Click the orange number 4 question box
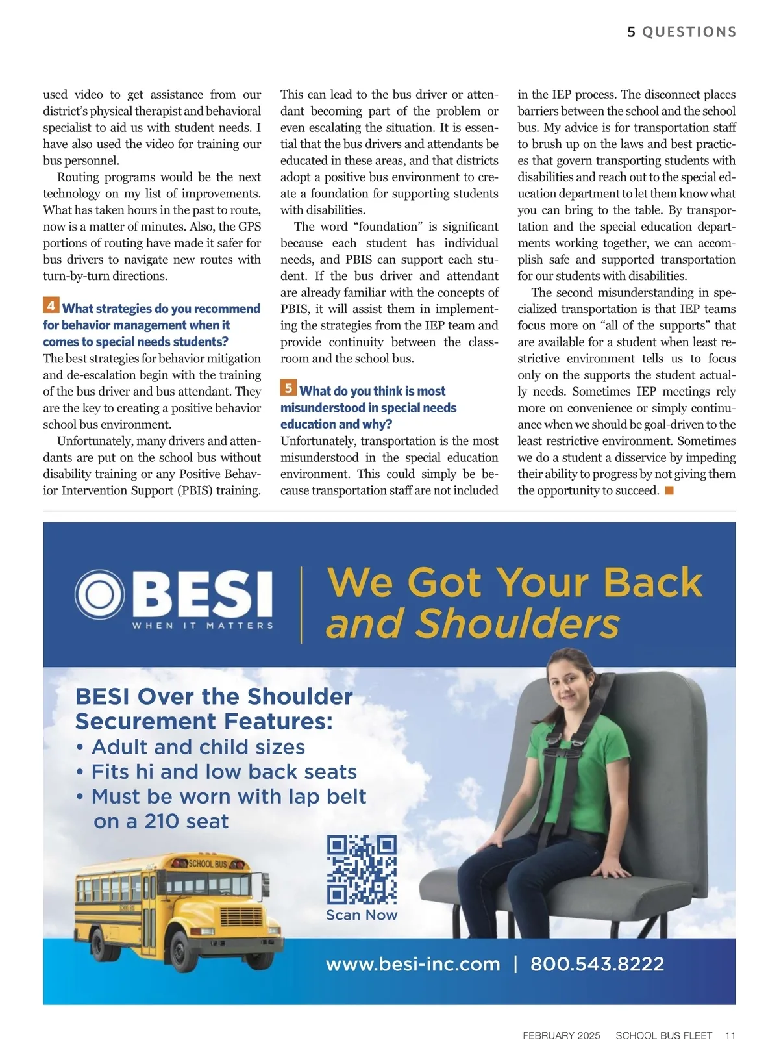pyautogui.click(x=51, y=305)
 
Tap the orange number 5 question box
pyautogui.click(x=288, y=388)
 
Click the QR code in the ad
pyautogui.click(x=362, y=870)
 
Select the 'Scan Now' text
pyautogui.click(x=362, y=915)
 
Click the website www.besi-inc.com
pyautogui.click(x=413, y=964)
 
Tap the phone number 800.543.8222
pyautogui.click(x=597, y=964)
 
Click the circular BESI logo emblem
pyautogui.click(x=99, y=595)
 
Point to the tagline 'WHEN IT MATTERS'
pyautogui.click(x=203, y=626)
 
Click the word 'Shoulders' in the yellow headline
pyautogui.click(x=517, y=624)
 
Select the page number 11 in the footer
pyautogui.click(x=730, y=1035)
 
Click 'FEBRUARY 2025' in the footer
pyautogui.click(x=562, y=1035)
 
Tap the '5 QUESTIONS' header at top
pyautogui.click(x=682, y=32)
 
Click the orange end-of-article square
pyautogui.click(x=669, y=490)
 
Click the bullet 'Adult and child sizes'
pyautogui.click(x=198, y=747)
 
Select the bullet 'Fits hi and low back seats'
pyautogui.click(x=224, y=772)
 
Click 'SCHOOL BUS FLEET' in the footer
pyautogui.click(x=663, y=1035)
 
